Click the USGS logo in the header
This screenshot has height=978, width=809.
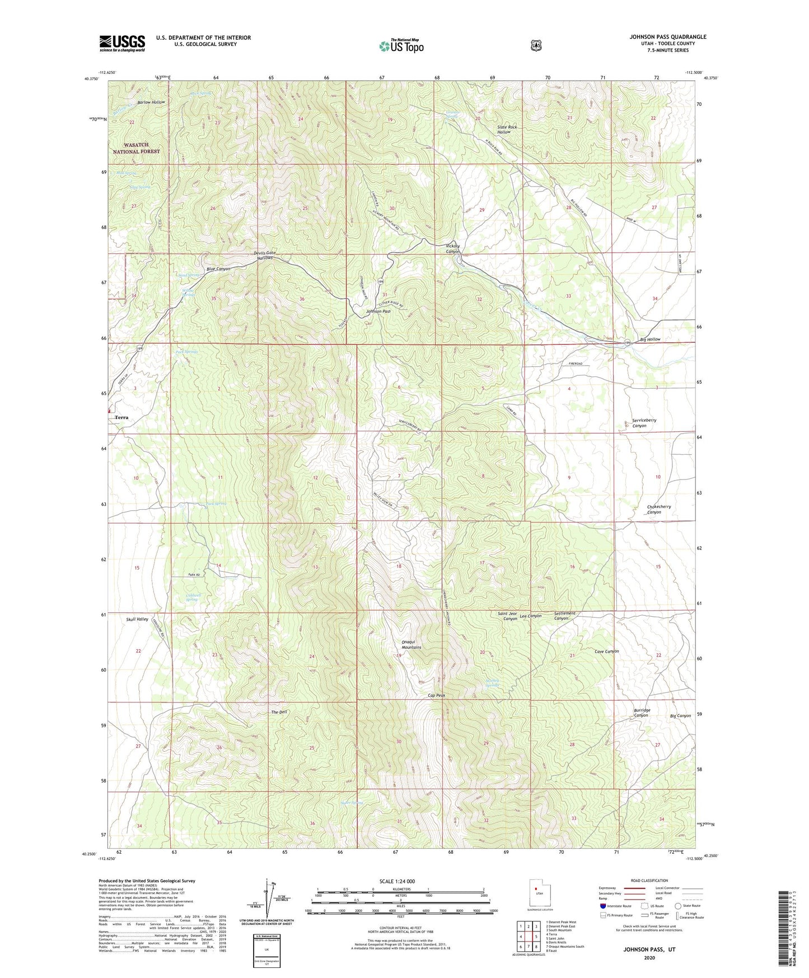pyautogui.click(x=122, y=43)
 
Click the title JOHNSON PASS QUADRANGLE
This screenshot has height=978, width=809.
pyautogui.click(x=667, y=37)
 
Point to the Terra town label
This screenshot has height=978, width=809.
pyautogui.click(x=121, y=417)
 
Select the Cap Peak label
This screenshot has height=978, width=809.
pyautogui.click(x=436, y=695)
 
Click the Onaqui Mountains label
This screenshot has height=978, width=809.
pyautogui.click(x=411, y=644)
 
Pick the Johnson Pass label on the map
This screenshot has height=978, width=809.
pyautogui.click(x=378, y=311)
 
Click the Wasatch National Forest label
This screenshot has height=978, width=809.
pyautogui.click(x=136, y=148)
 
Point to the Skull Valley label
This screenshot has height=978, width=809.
pyautogui.click(x=137, y=619)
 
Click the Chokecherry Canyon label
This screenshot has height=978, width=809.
pyautogui.click(x=658, y=509)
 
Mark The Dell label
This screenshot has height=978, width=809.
pyautogui.click(x=279, y=712)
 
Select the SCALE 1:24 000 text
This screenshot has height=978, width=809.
pyautogui.click(x=397, y=881)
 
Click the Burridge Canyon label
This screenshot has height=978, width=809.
pyautogui.click(x=641, y=712)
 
